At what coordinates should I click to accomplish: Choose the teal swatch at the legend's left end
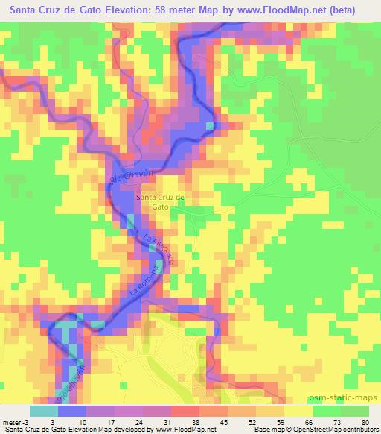coord(43,412)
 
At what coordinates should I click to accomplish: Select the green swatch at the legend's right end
coord(353,412)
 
